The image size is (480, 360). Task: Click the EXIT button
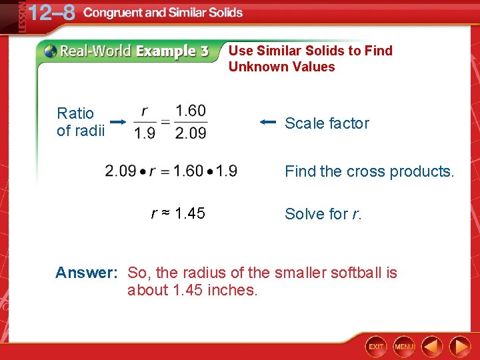tap(377, 347)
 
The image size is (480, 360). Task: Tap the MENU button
tap(404, 347)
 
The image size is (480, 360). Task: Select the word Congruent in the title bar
tap(117, 13)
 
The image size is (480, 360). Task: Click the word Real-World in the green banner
tap(95, 51)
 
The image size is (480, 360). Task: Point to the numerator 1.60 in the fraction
tap(191, 110)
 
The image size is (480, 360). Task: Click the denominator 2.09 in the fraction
tap(191, 133)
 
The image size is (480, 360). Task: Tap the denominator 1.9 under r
tap(145, 133)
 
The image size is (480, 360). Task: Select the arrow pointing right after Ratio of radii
tap(118, 122)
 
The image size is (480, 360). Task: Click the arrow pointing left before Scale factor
tap(268, 122)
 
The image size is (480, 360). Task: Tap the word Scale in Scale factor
tap(303, 123)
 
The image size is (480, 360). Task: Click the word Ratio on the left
tap(75, 113)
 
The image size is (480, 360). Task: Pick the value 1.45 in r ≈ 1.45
tap(189, 213)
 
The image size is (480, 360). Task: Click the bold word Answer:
tap(87, 273)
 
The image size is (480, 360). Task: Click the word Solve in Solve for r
tap(303, 214)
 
